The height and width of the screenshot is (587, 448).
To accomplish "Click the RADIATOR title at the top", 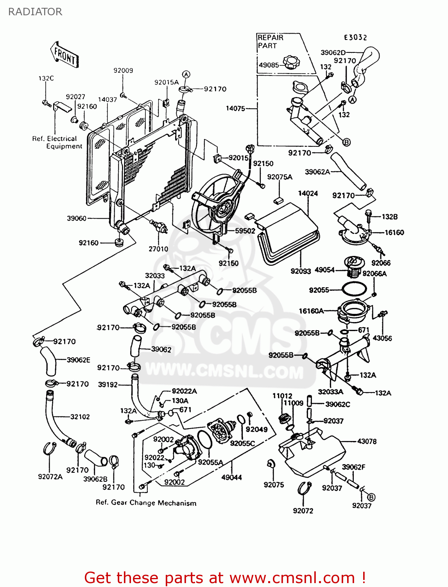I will click(35, 12).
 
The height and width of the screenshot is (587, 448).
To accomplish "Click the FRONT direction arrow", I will click(65, 55).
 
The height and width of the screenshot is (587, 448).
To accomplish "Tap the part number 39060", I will click(76, 218).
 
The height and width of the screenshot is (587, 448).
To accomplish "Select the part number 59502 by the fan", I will click(245, 231).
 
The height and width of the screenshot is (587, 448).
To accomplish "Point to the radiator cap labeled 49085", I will click(291, 62).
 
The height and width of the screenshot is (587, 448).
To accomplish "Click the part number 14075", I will click(235, 108).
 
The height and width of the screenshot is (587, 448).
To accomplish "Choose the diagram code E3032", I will click(355, 38).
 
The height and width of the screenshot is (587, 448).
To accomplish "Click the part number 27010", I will click(158, 249).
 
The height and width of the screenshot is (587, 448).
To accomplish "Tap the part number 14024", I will click(308, 193).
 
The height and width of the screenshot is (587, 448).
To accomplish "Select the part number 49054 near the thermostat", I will click(324, 270).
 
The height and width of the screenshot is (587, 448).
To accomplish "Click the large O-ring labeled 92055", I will click(354, 290).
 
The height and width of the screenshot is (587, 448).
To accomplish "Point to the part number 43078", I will click(366, 441).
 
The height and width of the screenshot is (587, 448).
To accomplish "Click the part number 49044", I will click(231, 477).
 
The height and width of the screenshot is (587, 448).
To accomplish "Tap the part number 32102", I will click(80, 417).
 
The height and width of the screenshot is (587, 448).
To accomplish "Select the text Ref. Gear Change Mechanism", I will click(146, 503).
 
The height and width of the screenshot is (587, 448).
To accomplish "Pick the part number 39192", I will click(108, 385).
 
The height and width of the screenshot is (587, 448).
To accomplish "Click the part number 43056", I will click(382, 338).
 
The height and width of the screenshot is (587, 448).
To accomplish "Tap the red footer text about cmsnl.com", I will click(225, 578).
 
